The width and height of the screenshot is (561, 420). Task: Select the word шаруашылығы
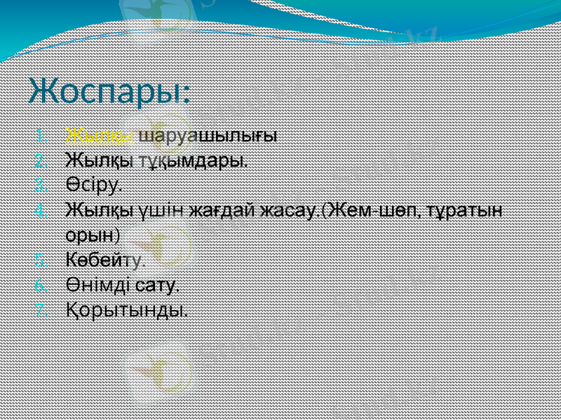(x=208, y=134)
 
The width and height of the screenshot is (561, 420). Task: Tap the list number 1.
(x=41, y=135)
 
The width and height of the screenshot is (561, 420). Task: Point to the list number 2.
(x=41, y=160)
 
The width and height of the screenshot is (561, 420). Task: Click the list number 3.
(x=41, y=185)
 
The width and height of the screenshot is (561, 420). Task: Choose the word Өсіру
(x=93, y=185)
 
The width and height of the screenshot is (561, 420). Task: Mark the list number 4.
(x=41, y=211)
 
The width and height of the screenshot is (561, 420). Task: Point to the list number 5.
(x=41, y=260)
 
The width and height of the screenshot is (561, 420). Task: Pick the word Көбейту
(x=105, y=260)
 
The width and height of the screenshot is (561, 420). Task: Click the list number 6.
(x=41, y=286)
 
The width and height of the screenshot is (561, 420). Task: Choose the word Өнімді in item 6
(x=98, y=285)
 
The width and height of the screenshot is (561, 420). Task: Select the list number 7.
(x=41, y=310)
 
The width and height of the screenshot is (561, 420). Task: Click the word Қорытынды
(x=127, y=309)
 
